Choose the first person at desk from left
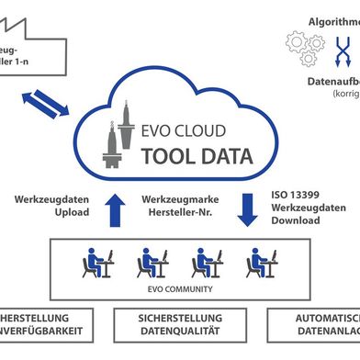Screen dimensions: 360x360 tap(96, 263)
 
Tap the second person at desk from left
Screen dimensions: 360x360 tap(151, 263)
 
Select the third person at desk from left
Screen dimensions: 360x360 tap(204, 263)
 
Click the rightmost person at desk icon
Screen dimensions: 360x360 tap(259, 263)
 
